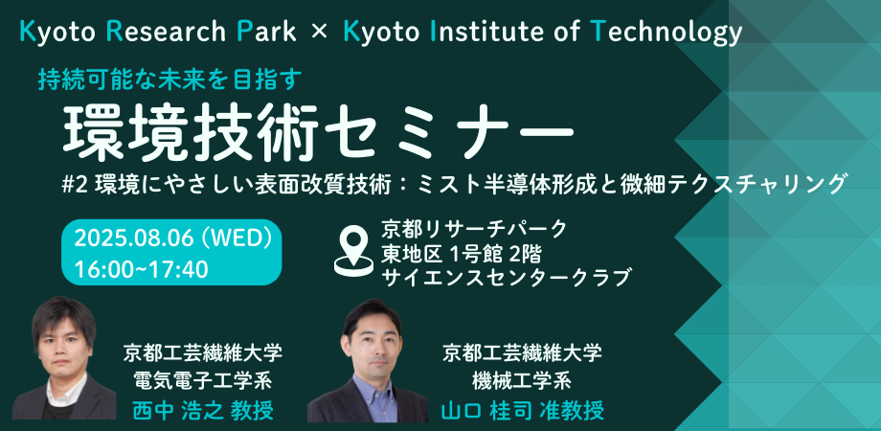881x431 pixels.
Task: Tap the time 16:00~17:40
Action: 142,269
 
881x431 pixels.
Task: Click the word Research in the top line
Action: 165,33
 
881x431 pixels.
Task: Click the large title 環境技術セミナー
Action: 319,131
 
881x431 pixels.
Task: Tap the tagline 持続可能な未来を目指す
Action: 170,79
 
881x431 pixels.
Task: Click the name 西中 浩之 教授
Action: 203,410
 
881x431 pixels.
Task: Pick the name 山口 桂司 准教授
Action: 522,410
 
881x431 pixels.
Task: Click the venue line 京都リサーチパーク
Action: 474,229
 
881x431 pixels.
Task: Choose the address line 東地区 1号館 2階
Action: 461,254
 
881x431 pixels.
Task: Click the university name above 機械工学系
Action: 522,353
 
